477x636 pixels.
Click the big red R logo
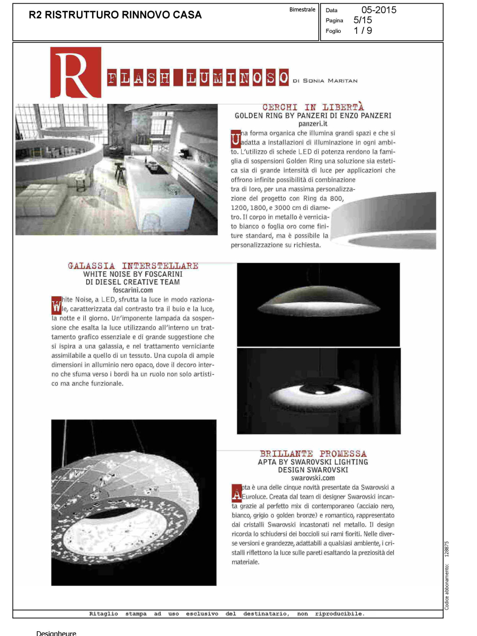[x=75, y=73]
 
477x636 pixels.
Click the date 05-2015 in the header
[x=378, y=10]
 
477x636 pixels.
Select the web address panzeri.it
[x=314, y=123]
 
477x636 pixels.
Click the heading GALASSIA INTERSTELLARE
[x=133, y=266]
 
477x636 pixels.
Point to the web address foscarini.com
[x=133, y=290]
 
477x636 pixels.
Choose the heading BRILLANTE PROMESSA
[x=313, y=454]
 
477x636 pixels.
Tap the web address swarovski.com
[x=313, y=478]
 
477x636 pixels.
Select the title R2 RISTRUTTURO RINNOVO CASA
[x=115, y=15]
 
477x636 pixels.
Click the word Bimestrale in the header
[x=303, y=10]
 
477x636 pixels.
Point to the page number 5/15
[x=363, y=20]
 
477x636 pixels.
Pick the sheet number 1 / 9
[x=363, y=31]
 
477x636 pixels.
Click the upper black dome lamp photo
[x=318, y=304]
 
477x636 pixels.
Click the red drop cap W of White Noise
[x=57, y=306]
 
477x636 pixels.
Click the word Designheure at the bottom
[x=56, y=633]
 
